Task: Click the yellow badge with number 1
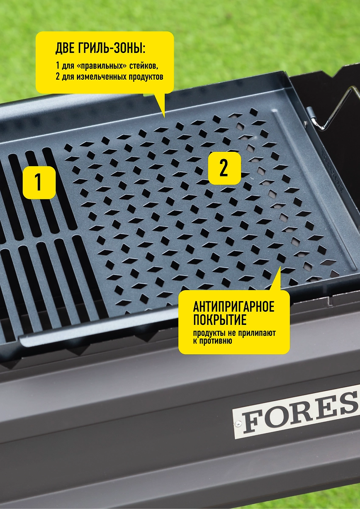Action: tap(39, 182)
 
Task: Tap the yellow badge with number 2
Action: tap(225, 168)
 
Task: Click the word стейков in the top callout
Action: tap(143, 66)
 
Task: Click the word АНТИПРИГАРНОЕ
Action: tap(234, 307)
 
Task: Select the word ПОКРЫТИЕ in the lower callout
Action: tap(219, 320)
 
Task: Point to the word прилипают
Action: tap(257, 333)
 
